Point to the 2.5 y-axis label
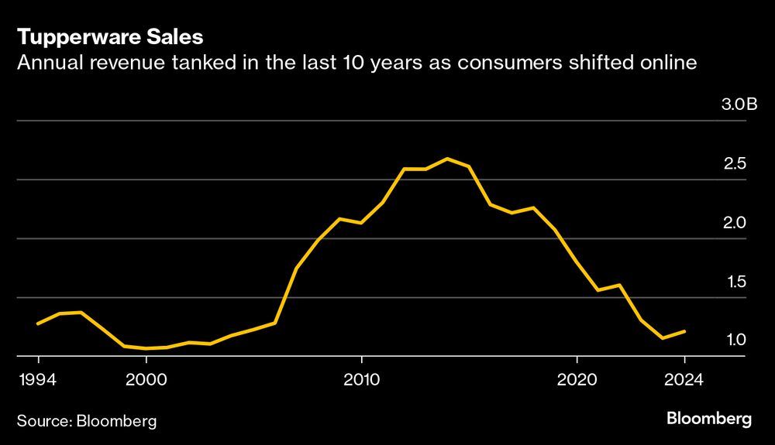tap(735, 163)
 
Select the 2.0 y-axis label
tap(735, 222)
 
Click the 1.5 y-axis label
tap(735, 281)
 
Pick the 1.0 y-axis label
tap(735, 340)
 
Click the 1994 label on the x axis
tap(38, 379)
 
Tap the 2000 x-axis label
tap(146, 379)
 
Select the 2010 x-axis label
tap(361, 379)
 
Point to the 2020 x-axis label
tap(577, 379)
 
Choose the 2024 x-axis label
tap(684, 379)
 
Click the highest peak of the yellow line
tap(447, 159)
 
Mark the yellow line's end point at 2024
tap(685, 331)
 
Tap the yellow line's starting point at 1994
tap(38, 323)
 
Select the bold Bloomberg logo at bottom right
tap(708, 419)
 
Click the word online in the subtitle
tap(670, 63)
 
